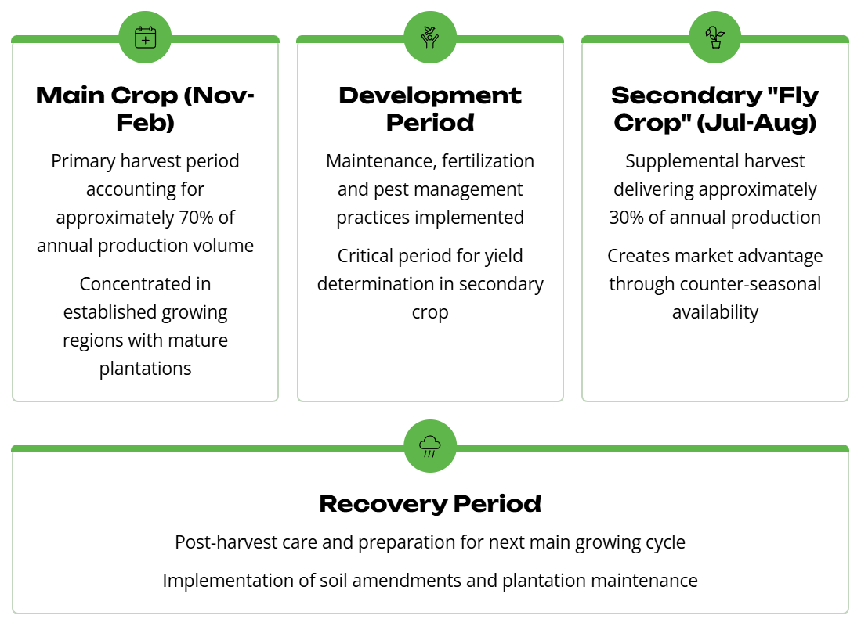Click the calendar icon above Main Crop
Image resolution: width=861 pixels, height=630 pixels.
(145, 38)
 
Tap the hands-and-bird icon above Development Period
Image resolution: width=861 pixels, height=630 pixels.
(430, 38)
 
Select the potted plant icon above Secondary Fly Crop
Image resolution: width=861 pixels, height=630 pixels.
(715, 38)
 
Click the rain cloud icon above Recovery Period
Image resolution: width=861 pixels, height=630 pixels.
(430, 446)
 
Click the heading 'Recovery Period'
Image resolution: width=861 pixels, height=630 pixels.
(430, 504)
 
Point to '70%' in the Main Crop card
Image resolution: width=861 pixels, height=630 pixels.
(196, 218)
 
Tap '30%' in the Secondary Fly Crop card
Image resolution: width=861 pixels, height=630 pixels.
(626, 218)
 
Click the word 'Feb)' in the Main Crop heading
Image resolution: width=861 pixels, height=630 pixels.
(145, 123)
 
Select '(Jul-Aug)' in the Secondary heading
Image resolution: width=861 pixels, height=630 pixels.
(757, 123)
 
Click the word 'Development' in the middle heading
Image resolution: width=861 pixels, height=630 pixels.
(430, 95)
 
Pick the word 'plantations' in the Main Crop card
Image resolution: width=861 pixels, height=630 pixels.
(145, 369)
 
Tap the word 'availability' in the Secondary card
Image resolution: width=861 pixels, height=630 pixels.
(715, 312)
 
